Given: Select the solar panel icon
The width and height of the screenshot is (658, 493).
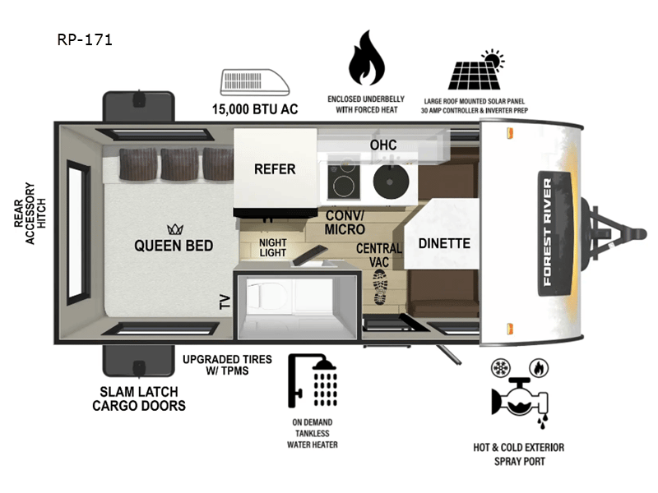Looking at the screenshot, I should point(476,72).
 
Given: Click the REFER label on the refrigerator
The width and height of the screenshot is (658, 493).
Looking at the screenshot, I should point(275,169).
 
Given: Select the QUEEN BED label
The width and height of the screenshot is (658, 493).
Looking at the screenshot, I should point(174,246).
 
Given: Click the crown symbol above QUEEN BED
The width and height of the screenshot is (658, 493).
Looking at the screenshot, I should point(174,228).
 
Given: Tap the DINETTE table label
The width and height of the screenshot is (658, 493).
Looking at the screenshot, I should point(443,243).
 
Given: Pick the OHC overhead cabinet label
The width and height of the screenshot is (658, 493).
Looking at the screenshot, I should point(382,145).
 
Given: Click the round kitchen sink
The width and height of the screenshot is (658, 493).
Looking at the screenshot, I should point(390,182).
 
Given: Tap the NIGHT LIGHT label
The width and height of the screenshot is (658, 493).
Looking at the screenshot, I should point(272,247).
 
